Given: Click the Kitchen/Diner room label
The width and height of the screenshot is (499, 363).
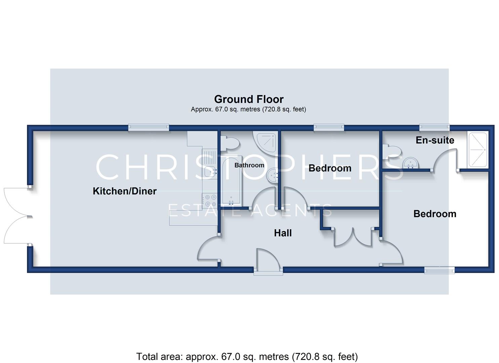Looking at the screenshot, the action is click(125, 191).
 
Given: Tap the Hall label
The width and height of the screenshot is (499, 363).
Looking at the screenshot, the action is click(283, 233).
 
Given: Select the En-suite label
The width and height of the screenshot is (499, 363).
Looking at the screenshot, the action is click(435, 140).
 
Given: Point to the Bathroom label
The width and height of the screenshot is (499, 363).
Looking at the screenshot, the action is click(249, 165).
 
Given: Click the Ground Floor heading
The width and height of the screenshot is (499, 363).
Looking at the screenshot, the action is click(249, 99).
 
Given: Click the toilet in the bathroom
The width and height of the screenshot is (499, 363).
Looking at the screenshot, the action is click(230, 143).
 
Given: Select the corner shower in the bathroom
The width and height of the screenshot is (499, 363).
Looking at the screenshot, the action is click(265, 142).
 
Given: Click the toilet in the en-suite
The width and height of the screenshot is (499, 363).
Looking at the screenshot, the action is click(392, 152).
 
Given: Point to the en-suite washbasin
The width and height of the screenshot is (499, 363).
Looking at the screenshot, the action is click(411, 163).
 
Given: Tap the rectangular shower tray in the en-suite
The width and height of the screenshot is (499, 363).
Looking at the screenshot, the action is click(478, 150).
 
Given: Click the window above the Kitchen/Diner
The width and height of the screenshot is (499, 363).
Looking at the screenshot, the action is click(149, 127).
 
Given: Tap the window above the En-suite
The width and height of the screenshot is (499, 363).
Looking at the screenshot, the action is click(434, 127).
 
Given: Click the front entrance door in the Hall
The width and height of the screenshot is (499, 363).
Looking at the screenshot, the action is click(268, 262).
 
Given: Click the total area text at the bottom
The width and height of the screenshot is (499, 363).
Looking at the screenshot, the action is click(247, 357).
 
